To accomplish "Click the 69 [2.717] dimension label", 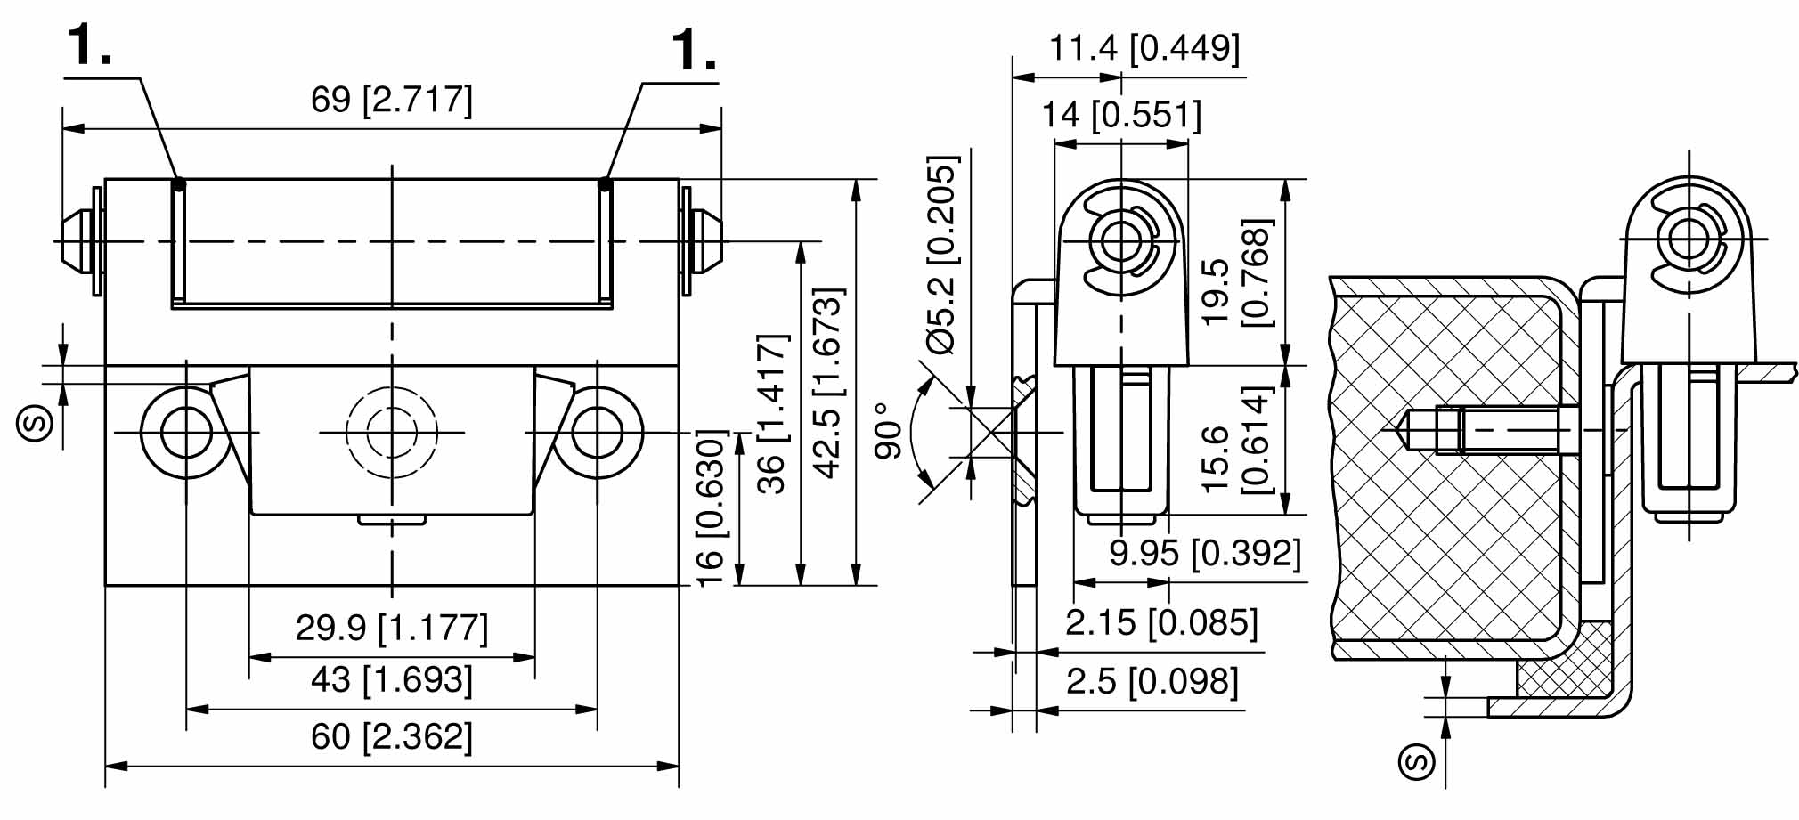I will [391, 99].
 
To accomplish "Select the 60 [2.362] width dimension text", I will [391, 737].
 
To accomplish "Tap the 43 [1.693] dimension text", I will [391, 680].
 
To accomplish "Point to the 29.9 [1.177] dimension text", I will [391, 628].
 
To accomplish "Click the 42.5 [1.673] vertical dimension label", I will [828, 383].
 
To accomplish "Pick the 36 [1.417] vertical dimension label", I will [772, 414].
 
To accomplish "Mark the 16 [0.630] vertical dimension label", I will [712, 508].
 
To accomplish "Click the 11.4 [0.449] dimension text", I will [1144, 47].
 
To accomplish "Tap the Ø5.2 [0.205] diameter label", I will [942, 256].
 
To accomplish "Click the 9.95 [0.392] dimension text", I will [1204, 553].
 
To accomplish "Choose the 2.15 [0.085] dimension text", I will [1161, 622].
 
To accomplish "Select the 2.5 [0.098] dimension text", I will [1152, 682].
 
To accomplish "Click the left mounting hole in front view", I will [186, 433].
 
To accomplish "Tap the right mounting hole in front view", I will [597, 433].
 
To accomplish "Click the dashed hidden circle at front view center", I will [392, 433].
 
